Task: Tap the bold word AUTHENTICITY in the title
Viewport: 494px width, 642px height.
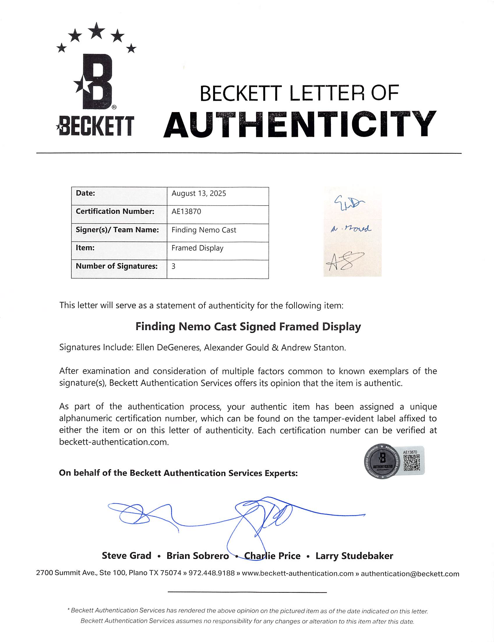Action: click(300, 125)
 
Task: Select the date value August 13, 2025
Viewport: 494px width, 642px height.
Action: click(199, 193)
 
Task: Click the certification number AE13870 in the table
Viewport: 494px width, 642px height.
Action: click(186, 212)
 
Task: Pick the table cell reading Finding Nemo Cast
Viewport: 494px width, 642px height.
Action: click(204, 230)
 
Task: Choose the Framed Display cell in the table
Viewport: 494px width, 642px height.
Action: click(197, 248)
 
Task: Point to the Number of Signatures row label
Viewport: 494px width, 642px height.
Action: click(117, 266)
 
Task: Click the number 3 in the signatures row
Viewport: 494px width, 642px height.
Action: click(174, 266)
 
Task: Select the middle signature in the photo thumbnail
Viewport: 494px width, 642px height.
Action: click(351, 229)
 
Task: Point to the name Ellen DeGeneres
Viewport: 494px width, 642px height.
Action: click(168, 347)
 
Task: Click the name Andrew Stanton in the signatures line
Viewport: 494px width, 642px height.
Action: click(313, 347)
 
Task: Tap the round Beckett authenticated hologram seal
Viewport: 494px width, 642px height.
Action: click(382, 461)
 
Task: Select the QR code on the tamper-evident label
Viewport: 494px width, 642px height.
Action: click(411, 463)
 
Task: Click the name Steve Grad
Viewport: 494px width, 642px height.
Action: click(126, 556)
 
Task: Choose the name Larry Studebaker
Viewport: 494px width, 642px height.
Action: click(354, 556)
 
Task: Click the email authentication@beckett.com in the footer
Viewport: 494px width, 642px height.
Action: click(410, 574)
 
